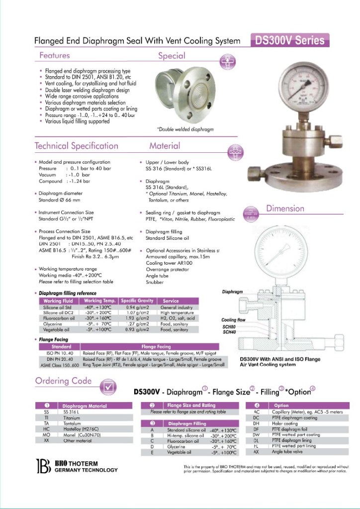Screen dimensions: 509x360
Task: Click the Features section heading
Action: tap(55, 55)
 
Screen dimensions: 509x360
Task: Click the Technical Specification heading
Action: tap(76, 146)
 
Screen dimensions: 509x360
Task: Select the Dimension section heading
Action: tap(285, 208)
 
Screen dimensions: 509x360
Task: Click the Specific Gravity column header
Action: tap(137, 301)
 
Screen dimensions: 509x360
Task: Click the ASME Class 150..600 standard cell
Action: tap(60, 365)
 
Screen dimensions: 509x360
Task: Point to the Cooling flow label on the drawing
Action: tap(234, 320)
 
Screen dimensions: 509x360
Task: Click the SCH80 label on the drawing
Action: tap(229, 327)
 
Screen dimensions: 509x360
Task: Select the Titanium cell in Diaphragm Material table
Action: tap(72, 418)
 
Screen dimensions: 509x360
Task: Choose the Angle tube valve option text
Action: tap(288, 451)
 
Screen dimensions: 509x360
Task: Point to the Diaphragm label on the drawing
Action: tap(232, 292)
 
